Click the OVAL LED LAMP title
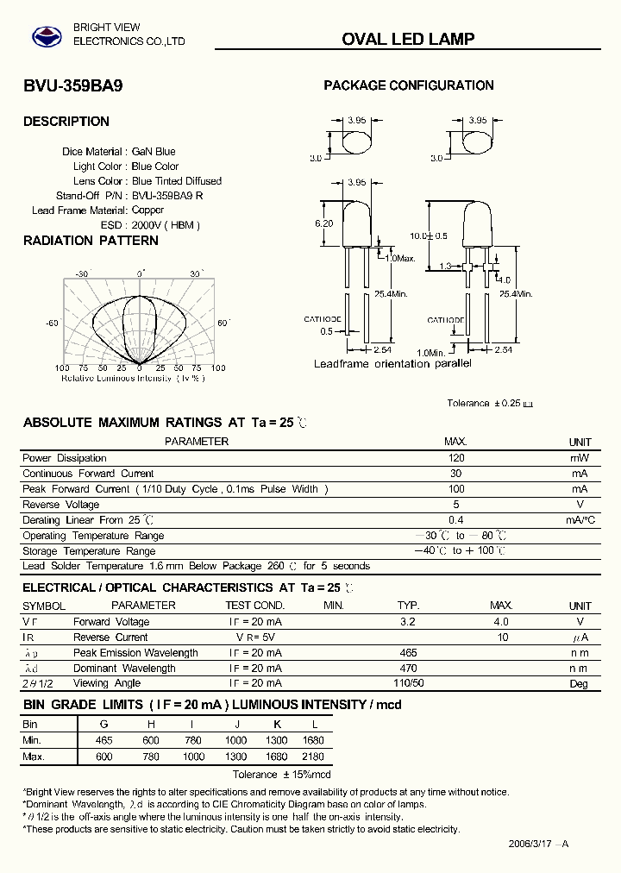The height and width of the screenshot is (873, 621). (x=408, y=39)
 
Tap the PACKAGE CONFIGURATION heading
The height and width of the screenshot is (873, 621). (x=408, y=85)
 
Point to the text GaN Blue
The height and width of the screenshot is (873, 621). (x=154, y=152)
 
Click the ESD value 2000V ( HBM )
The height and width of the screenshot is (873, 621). (x=166, y=225)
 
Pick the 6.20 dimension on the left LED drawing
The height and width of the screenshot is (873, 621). (x=323, y=223)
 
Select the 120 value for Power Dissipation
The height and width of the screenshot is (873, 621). (x=455, y=458)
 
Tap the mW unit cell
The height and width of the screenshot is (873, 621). (x=580, y=458)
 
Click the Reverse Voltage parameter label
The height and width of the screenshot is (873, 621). (x=60, y=505)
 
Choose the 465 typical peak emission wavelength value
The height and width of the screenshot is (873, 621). (x=409, y=653)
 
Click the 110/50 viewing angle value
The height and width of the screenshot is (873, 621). (x=409, y=683)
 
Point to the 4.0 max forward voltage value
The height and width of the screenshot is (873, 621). (x=501, y=622)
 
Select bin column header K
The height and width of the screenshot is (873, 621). (x=278, y=725)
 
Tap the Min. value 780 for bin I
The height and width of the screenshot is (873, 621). (x=194, y=740)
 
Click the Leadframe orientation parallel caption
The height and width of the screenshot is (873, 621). (x=392, y=364)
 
